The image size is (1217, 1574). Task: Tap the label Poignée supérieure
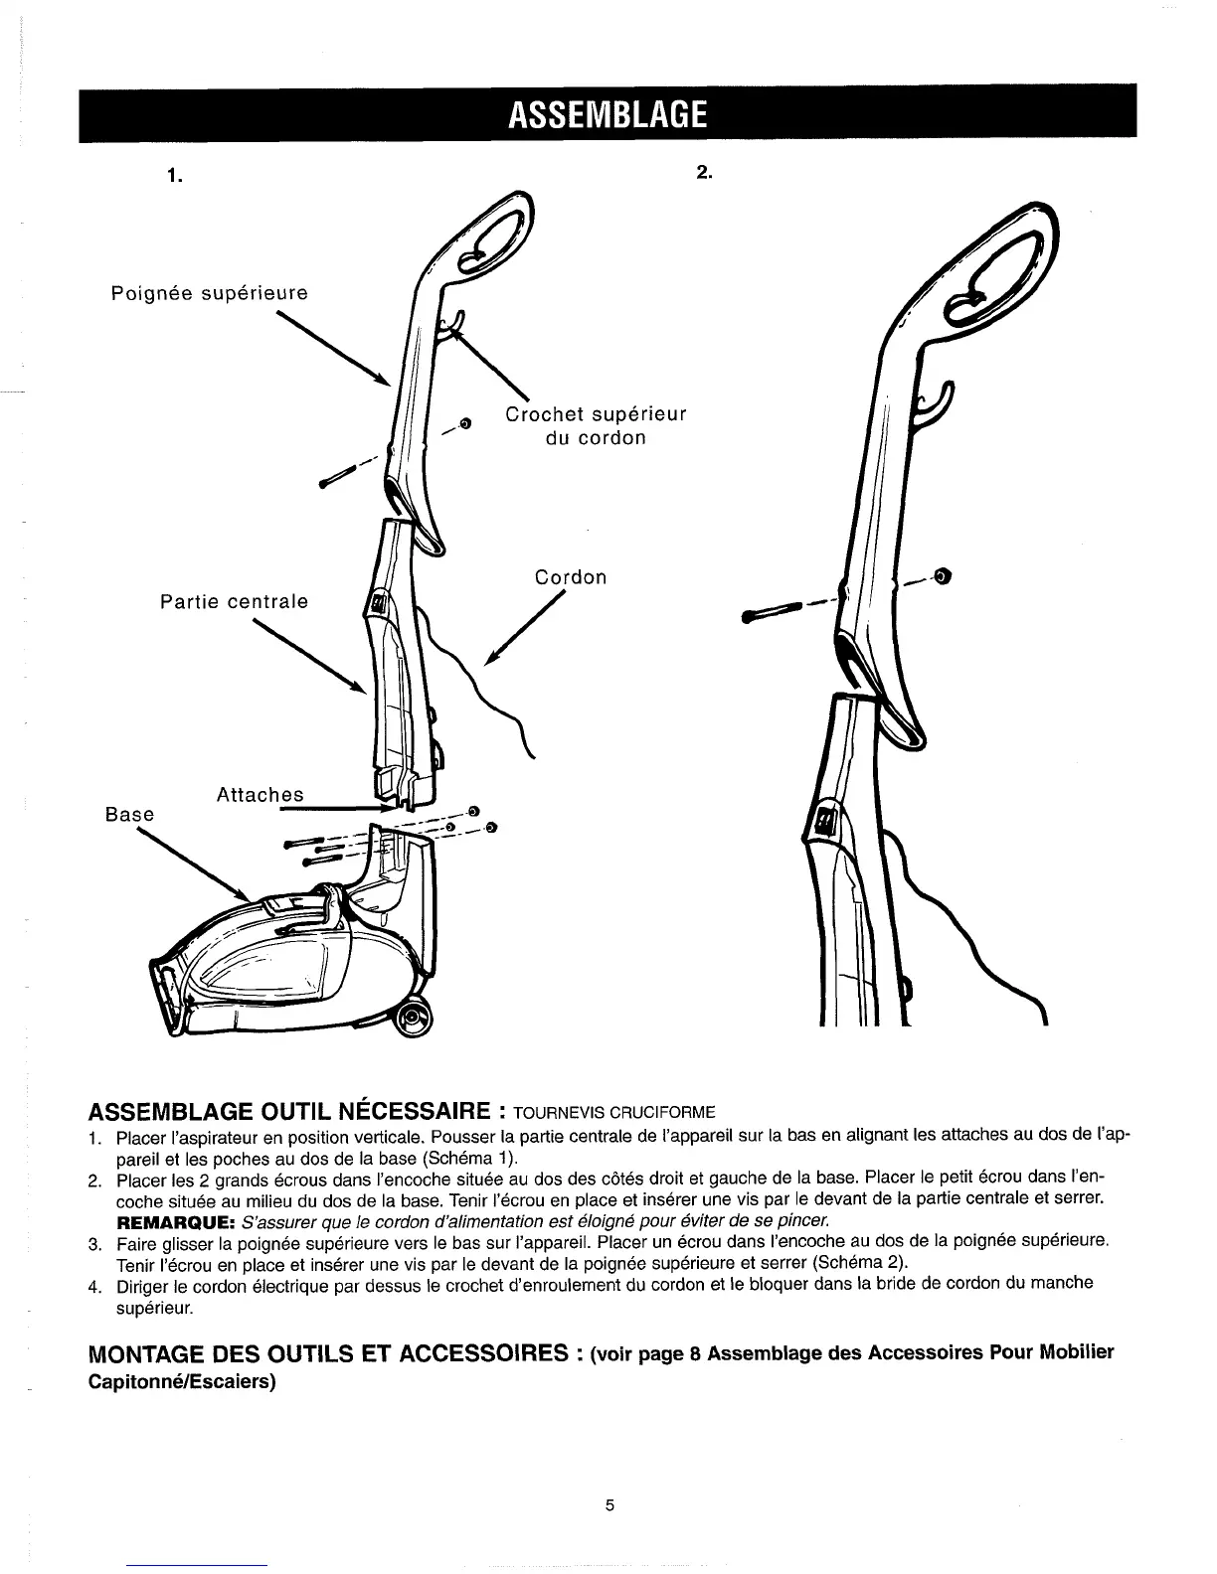[x=209, y=293]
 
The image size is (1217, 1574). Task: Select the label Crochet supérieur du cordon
[x=596, y=425]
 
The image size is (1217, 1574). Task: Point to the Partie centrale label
[x=235, y=601]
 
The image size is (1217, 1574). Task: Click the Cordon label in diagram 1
[x=571, y=577]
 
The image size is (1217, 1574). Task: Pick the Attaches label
[x=259, y=795]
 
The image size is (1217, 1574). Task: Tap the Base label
[x=130, y=815]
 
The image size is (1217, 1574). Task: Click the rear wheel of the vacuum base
[x=415, y=1021]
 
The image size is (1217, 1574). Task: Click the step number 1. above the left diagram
[x=176, y=176]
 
